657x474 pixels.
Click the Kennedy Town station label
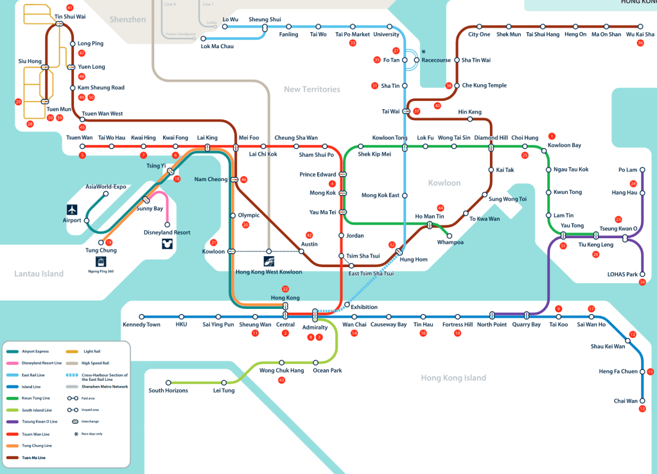[141, 324]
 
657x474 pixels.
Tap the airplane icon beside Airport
[72, 209]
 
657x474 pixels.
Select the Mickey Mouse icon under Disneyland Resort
[167, 243]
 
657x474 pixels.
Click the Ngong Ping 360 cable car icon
[101, 261]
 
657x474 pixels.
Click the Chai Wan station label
[625, 401]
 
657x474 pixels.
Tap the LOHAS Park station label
[622, 274]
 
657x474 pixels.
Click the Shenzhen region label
[128, 20]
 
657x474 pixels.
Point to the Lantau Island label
[39, 274]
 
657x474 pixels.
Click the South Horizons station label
[168, 391]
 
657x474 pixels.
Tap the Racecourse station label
[436, 60]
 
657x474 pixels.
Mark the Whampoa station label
[450, 242]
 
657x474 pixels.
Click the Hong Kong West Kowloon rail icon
[269, 261]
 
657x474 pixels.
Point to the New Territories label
[312, 89]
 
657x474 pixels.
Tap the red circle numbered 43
[281, 381]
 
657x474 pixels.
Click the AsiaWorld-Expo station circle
[106, 194]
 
